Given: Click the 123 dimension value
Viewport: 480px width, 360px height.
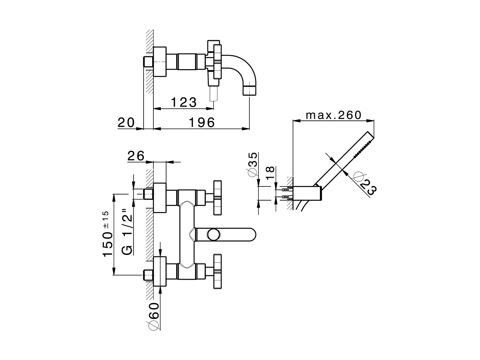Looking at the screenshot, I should (x=184, y=102).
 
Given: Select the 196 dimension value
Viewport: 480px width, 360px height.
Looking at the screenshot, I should (x=201, y=122).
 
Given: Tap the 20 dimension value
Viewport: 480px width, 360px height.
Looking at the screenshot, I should (x=126, y=122).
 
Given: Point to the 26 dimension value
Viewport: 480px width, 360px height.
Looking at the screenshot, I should (x=136, y=156).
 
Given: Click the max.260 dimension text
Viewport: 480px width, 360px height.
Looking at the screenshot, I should (x=333, y=115).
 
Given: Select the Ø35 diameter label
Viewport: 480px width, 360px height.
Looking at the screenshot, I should (x=252, y=164).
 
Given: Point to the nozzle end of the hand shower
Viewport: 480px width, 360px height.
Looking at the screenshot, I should (x=369, y=138).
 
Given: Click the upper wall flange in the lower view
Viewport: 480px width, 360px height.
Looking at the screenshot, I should (x=160, y=198).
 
